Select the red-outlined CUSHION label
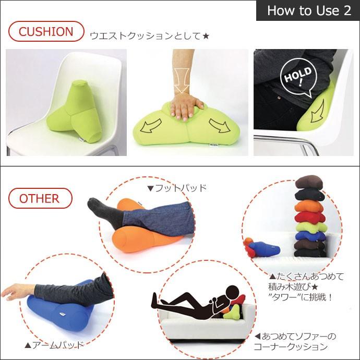pos(46,31)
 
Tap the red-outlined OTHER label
pos(40,198)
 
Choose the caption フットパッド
pos(177,188)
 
